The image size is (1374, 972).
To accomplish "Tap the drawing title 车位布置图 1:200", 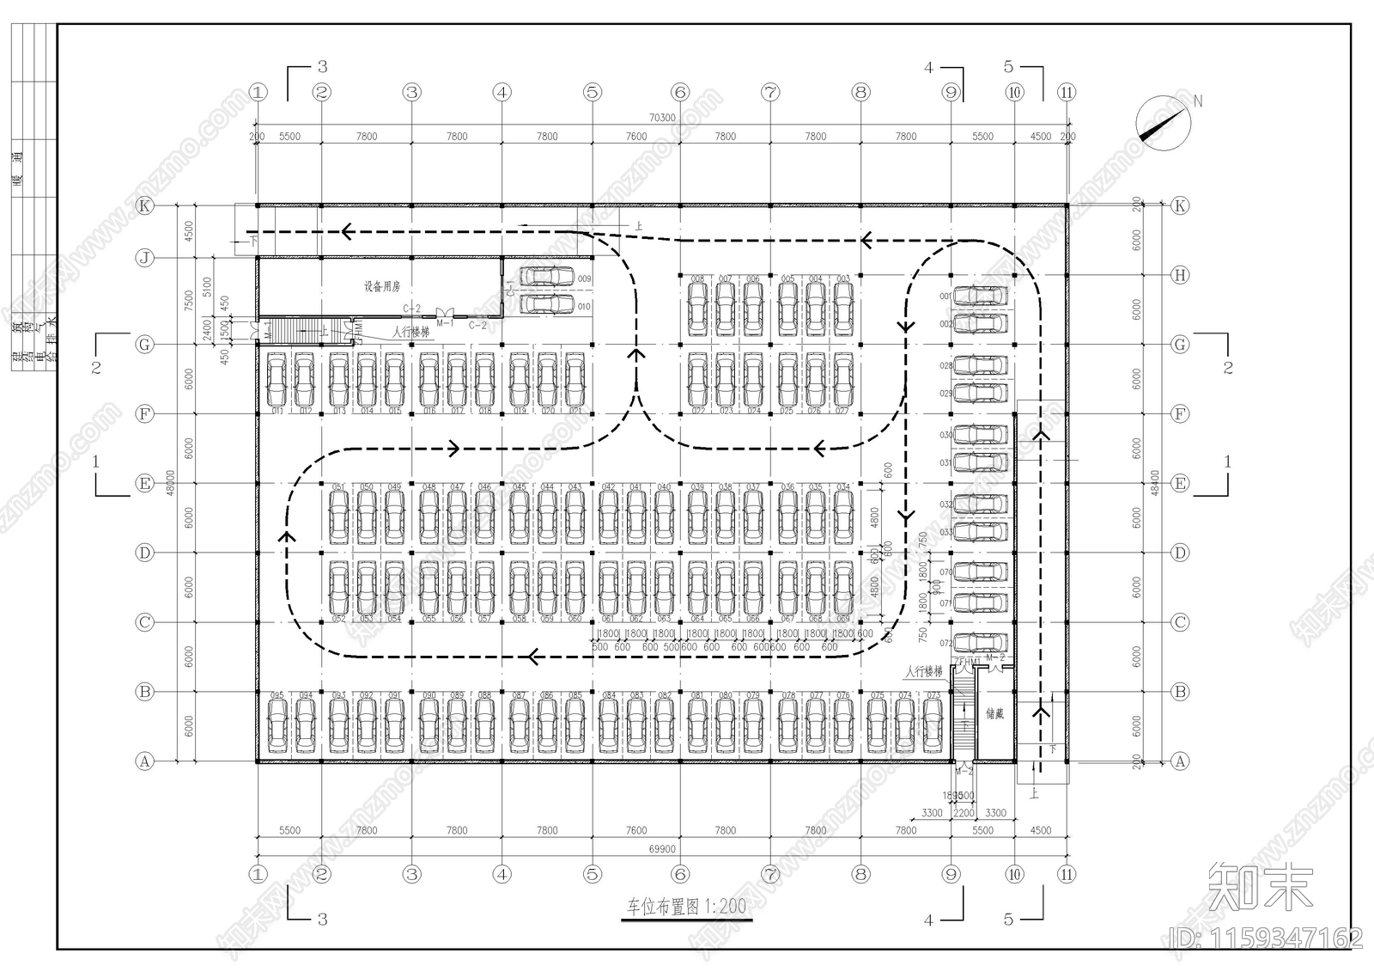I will click(x=686, y=907).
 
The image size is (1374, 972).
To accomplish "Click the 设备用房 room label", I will click(x=381, y=286).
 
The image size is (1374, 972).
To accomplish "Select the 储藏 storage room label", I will click(x=994, y=713).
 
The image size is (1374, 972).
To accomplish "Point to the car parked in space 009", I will click(x=548, y=277).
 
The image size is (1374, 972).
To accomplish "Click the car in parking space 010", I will click(x=548, y=304).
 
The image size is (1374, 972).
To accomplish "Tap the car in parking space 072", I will click(x=980, y=642).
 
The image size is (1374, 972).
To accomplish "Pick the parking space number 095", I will click(x=277, y=695).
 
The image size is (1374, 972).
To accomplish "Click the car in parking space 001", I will click(x=980, y=296).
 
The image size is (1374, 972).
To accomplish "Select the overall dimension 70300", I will click(x=662, y=118).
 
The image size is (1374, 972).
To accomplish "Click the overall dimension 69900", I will click(x=661, y=849).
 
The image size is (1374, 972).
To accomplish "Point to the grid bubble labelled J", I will click(x=145, y=258).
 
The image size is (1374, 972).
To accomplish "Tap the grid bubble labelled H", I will click(x=1180, y=275).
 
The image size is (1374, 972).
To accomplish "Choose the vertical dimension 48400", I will click(x=1155, y=482).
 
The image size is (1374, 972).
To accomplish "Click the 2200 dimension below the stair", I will click(x=964, y=812).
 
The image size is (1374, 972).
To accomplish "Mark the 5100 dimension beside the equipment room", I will click(x=205, y=285).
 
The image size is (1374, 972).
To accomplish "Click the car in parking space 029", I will click(x=980, y=394).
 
